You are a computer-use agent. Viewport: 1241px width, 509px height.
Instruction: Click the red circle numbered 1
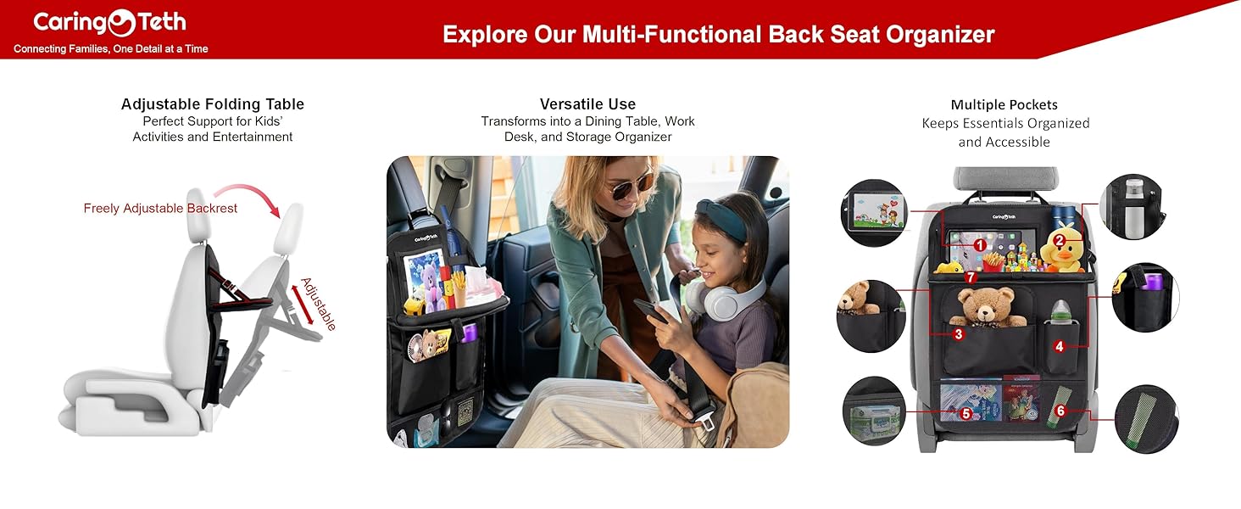coord(979,244)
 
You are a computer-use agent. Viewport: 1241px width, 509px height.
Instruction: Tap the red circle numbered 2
coord(1059,239)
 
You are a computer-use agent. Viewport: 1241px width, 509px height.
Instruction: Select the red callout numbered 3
coord(958,334)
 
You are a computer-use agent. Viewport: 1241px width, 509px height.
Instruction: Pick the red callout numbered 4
coord(1059,346)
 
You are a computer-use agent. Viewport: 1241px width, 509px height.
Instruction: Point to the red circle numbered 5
coord(966,413)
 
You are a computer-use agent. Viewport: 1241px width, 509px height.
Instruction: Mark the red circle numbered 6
coord(1060,411)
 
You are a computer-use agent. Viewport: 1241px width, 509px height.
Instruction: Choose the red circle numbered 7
coord(971,277)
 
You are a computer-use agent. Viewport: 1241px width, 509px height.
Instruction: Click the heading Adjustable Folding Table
coord(212,104)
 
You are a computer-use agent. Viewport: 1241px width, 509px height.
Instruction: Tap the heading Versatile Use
coord(587,104)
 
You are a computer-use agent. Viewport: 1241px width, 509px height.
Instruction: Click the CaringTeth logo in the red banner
coord(109,23)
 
